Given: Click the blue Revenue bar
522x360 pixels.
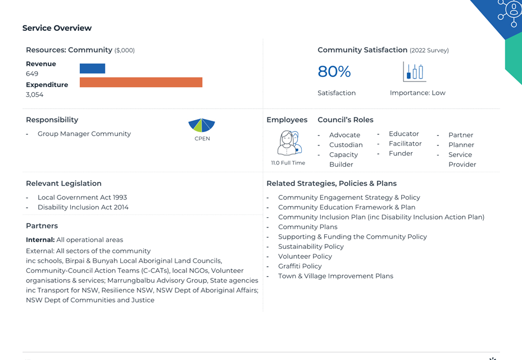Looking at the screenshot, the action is [92, 68].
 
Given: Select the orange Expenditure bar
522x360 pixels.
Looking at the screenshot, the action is [141, 82].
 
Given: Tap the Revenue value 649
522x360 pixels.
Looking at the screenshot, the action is [32, 74].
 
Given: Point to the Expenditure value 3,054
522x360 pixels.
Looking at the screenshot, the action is [35, 94].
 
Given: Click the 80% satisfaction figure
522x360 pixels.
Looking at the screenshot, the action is [334, 71].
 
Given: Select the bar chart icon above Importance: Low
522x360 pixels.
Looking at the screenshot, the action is [415, 71].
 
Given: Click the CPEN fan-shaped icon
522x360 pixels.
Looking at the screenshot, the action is [202, 125].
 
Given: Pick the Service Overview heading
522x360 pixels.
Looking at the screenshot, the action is [57, 28].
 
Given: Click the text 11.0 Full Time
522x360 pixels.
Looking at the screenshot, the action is [288, 163].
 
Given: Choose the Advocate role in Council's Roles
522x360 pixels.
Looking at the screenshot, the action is [344, 135].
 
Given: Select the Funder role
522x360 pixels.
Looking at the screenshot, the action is [401, 153].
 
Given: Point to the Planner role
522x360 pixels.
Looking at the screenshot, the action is [461, 145].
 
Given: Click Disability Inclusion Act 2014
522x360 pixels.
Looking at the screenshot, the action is [83, 207].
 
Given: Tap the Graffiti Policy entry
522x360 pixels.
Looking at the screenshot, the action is [300, 266].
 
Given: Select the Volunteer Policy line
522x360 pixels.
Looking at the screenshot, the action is [305, 256].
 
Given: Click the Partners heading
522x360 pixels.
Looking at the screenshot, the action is [42, 226].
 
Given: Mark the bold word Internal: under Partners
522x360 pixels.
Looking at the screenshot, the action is [40, 240].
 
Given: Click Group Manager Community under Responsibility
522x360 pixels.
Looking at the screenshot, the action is [84, 134].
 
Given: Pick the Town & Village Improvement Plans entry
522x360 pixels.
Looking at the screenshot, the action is [335, 276].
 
